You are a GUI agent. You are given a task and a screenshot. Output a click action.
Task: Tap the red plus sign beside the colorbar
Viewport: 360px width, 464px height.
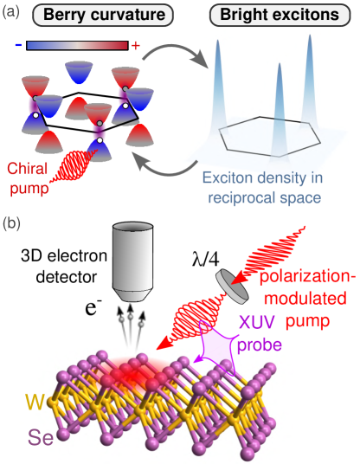(136, 45)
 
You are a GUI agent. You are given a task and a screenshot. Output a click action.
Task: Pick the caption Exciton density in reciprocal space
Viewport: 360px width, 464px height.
(264, 188)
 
